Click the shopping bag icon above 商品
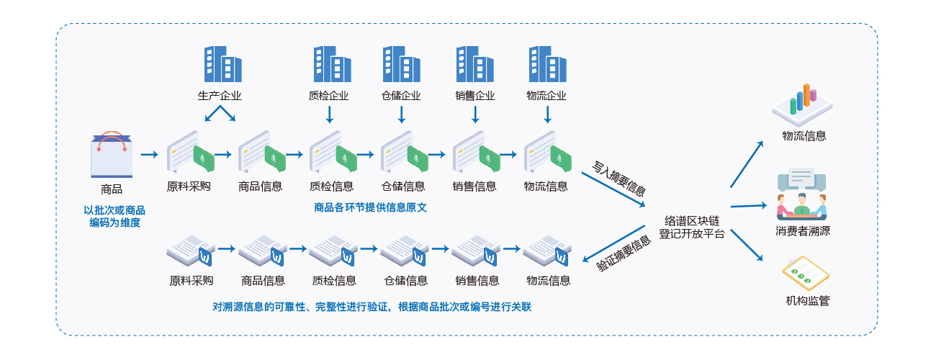click(x=112, y=155)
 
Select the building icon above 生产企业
click(x=222, y=64)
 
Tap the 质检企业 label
click(x=328, y=96)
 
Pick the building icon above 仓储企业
click(x=400, y=64)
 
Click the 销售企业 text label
click(x=475, y=96)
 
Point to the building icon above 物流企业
click(x=546, y=64)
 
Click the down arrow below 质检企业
click(x=329, y=114)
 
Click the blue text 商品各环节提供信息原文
click(x=371, y=207)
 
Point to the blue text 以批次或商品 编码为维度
click(x=114, y=216)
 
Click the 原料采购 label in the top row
click(x=189, y=186)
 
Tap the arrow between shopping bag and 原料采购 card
click(x=149, y=154)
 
